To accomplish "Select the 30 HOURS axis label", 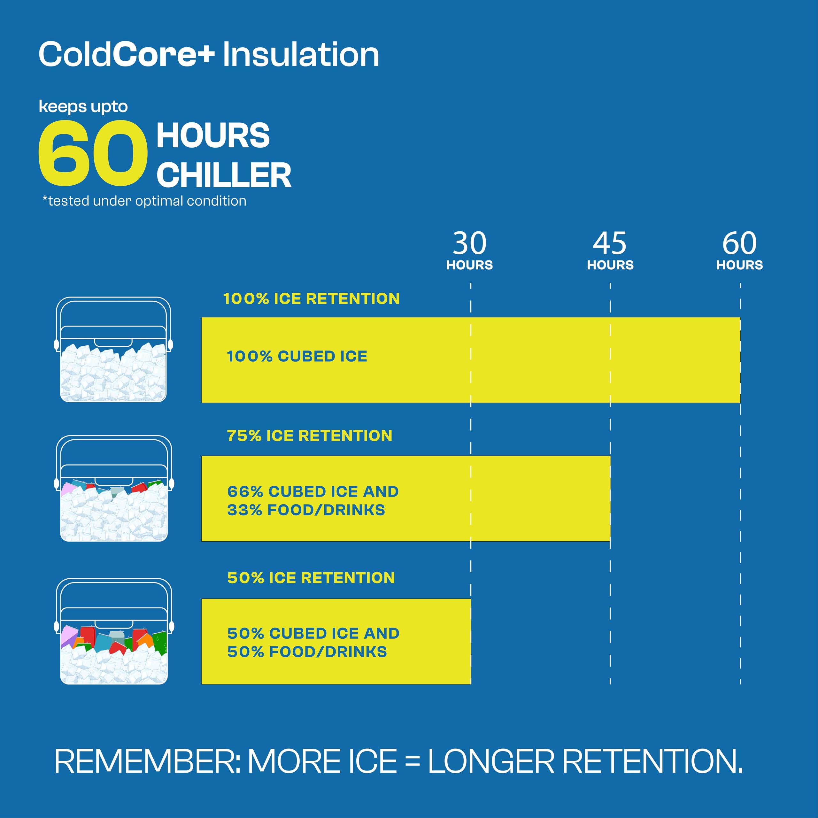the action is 469,251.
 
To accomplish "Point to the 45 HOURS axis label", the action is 610,251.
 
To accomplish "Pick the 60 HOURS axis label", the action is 740,251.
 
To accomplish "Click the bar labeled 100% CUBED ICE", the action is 471,360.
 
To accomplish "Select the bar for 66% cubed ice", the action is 406,498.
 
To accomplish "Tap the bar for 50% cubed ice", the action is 336,641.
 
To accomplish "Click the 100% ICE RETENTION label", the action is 312,299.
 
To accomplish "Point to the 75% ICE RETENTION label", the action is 310,436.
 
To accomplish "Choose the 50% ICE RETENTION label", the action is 311,577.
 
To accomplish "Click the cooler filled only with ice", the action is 113,349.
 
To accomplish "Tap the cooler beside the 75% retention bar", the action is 114,488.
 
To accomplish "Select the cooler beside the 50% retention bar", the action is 114,631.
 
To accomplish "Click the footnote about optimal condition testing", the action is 144,201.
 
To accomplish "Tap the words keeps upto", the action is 83,107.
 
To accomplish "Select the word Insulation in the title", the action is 301,55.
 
